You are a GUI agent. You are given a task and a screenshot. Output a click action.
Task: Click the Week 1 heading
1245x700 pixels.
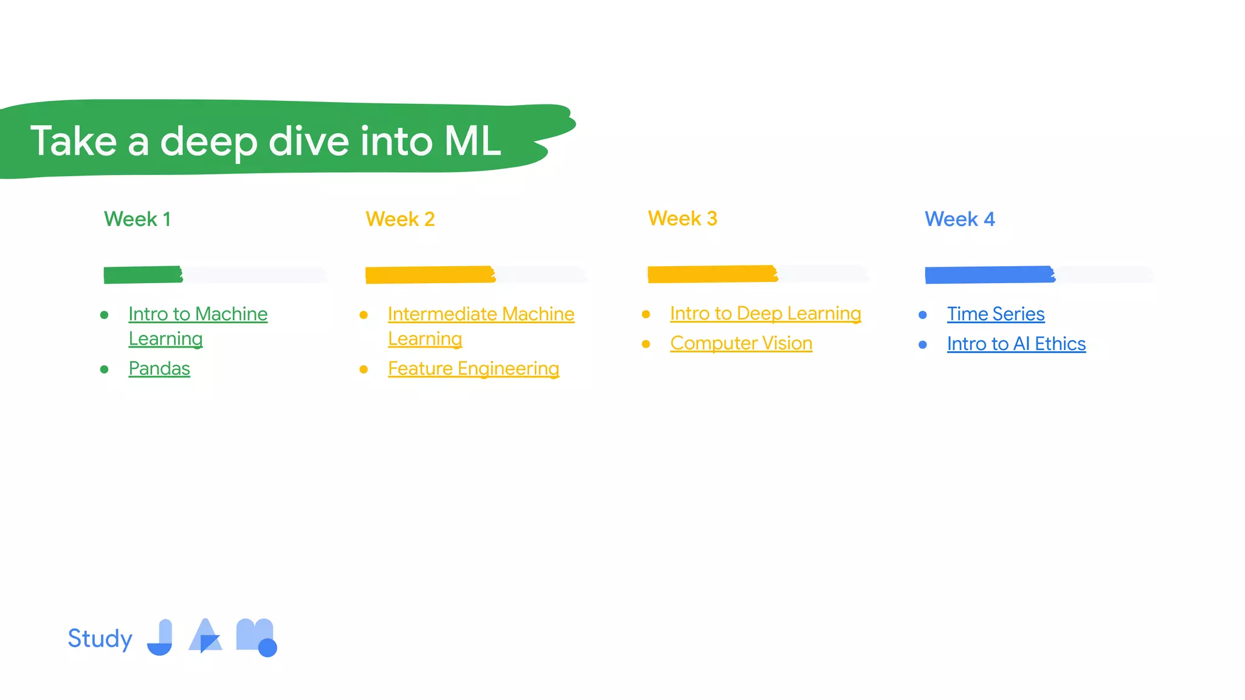coord(137,219)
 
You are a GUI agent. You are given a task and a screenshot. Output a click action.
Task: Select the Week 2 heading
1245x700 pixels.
coord(400,219)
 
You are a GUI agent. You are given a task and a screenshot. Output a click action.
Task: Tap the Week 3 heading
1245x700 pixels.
coord(682,219)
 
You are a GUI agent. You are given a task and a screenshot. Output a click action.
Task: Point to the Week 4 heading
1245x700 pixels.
coord(959,219)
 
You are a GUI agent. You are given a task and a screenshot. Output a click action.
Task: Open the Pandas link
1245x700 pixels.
coord(159,369)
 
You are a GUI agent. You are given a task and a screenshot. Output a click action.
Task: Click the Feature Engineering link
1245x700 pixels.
coord(473,369)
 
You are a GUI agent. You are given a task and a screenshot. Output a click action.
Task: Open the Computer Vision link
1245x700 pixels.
coord(741,343)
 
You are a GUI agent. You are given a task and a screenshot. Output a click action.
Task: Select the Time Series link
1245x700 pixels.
coord(995,314)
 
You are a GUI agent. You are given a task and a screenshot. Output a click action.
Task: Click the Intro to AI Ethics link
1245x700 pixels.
coord(1016,344)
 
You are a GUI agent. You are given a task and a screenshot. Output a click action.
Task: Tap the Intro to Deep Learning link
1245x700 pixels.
coord(765,314)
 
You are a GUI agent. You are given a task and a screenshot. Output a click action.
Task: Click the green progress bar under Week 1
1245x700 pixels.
coord(143,275)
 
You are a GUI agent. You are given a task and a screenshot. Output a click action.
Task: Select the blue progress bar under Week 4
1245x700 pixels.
coord(990,275)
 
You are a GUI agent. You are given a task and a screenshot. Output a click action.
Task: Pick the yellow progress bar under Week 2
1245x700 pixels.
coord(430,275)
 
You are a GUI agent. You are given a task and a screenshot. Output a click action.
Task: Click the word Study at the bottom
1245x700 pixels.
coord(100,639)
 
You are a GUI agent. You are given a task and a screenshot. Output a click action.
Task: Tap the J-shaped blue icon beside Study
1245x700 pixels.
coord(161,638)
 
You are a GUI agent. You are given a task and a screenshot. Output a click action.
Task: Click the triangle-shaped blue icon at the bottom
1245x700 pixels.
coord(205,637)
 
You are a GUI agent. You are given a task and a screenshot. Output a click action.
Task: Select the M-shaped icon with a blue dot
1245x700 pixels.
coord(255,637)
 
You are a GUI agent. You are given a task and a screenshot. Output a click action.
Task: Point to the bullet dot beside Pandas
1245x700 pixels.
coord(105,369)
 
